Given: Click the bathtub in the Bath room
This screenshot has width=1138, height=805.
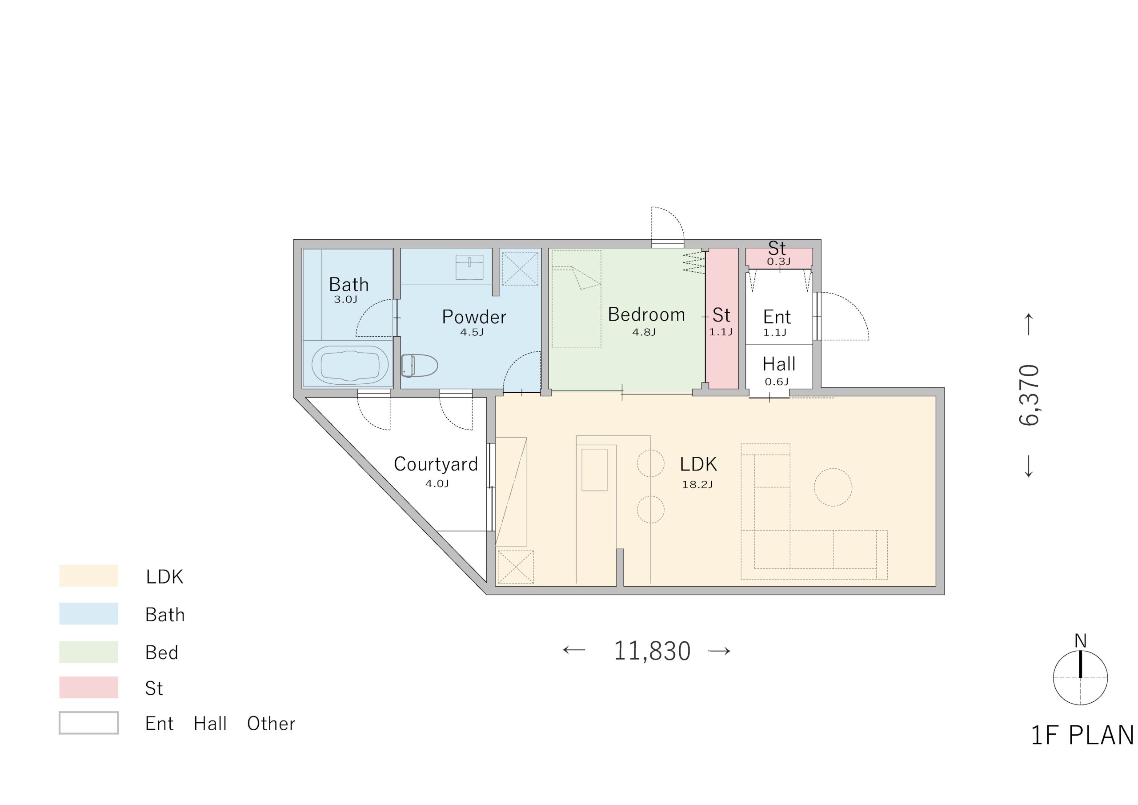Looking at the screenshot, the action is pyautogui.click(x=349, y=365).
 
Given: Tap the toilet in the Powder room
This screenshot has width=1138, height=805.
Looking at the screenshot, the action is pyautogui.click(x=419, y=366).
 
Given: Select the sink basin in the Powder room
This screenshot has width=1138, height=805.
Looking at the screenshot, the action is pyautogui.click(x=469, y=267).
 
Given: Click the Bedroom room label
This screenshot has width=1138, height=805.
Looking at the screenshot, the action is pyautogui.click(x=646, y=314).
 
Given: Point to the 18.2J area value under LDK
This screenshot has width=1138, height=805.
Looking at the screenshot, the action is pyautogui.click(x=697, y=485).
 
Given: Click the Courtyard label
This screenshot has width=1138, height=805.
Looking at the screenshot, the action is pyautogui.click(x=436, y=464).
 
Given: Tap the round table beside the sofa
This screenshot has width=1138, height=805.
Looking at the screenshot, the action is pyautogui.click(x=833, y=487).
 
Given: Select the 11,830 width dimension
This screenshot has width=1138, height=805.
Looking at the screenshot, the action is pyautogui.click(x=652, y=651).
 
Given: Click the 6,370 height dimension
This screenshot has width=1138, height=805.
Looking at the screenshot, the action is pyautogui.click(x=1029, y=395).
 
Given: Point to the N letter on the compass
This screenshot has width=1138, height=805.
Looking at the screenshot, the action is pyautogui.click(x=1081, y=641).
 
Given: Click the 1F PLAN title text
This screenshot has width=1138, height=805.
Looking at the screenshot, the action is pyautogui.click(x=1082, y=735).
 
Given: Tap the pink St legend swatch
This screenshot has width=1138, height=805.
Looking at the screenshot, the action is pyautogui.click(x=89, y=688).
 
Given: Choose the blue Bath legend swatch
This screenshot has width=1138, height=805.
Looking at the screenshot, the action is pyautogui.click(x=89, y=614).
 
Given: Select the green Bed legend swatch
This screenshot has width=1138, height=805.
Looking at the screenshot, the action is pyautogui.click(x=89, y=652).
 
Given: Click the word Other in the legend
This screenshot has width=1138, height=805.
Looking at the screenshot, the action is pyautogui.click(x=271, y=724).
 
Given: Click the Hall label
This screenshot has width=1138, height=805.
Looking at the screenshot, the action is pyautogui.click(x=779, y=364).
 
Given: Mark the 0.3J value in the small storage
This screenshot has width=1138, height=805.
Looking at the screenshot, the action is pyautogui.click(x=779, y=262).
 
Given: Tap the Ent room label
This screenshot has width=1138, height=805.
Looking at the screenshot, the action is pyautogui.click(x=777, y=317).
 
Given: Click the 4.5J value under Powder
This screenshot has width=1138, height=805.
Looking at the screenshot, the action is pyautogui.click(x=472, y=332).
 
